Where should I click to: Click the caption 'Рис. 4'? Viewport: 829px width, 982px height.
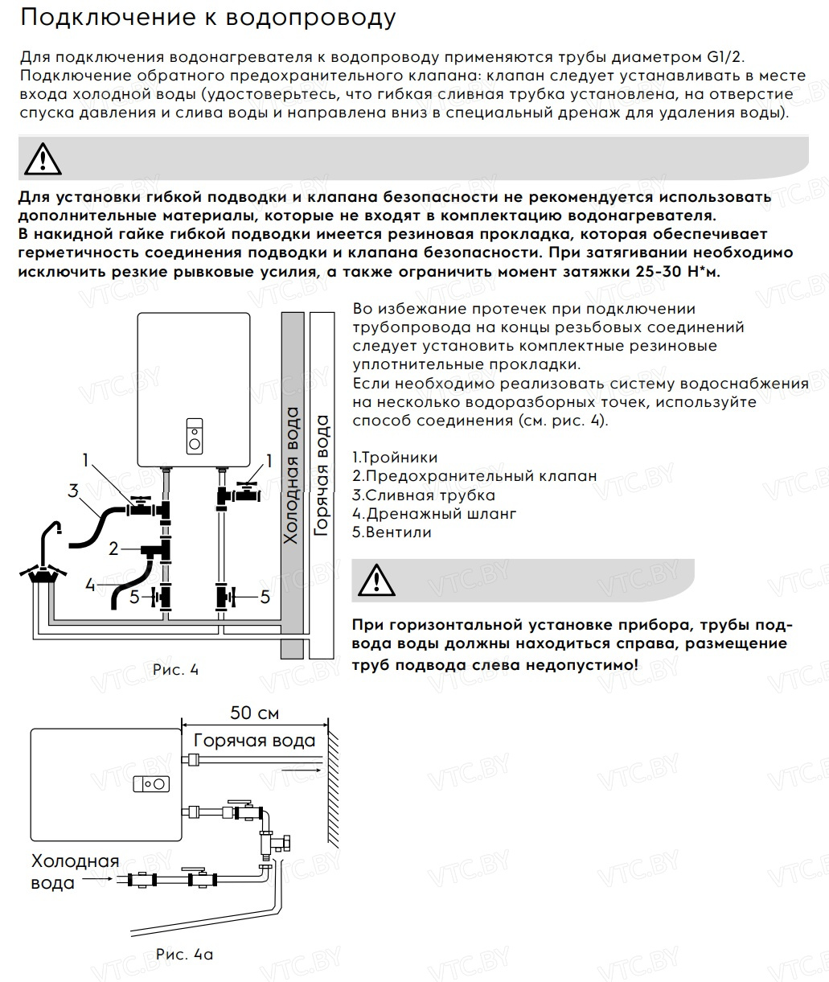click(174, 670)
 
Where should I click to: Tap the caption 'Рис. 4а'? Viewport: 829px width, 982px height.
click(184, 955)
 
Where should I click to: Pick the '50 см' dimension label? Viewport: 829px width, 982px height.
click(255, 713)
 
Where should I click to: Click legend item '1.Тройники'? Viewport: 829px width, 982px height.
click(395, 458)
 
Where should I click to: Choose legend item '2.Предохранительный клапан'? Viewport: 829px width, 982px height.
click(474, 476)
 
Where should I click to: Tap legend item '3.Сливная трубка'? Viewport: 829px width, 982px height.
click(424, 495)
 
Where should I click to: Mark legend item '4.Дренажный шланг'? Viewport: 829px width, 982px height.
click(434, 514)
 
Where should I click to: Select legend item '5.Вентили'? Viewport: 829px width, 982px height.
click(392, 532)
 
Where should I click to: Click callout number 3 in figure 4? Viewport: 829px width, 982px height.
click(72, 490)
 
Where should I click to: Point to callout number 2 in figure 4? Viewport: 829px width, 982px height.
click(113, 549)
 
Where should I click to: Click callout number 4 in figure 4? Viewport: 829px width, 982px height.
click(90, 585)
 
